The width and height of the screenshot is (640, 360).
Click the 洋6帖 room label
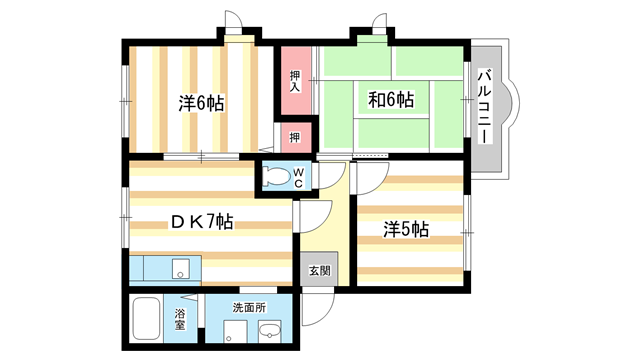click(201, 102)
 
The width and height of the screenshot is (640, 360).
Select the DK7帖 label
click(195, 222)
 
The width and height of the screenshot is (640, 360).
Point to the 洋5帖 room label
click(406, 229)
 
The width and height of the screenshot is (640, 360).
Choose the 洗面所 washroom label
click(249, 307)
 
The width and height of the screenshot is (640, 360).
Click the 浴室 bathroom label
click(181, 320)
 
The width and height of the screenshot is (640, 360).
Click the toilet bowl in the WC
click(276, 177)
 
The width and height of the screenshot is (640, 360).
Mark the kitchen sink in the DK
click(181, 268)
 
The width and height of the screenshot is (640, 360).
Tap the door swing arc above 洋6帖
click(232, 22)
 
